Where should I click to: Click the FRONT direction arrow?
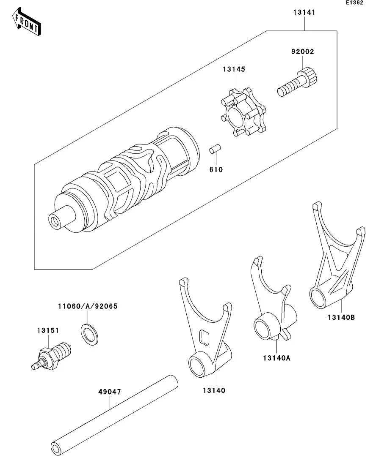click(x=26, y=22)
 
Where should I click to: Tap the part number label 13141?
click(x=304, y=12)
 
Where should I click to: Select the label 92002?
click(x=303, y=52)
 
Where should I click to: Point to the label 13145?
click(x=234, y=69)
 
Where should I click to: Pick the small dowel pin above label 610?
click(x=215, y=149)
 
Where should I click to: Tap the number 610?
click(x=216, y=169)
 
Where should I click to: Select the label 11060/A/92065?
click(x=88, y=306)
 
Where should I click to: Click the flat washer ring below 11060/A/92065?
click(x=90, y=335)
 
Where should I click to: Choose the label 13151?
click(x=48, y=330)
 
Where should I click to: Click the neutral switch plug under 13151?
click(x=52, y=356)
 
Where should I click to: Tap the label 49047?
click(x=110, y=392)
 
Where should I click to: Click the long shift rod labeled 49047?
click(x=114, y=415)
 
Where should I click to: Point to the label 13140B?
click(x=341, y=317)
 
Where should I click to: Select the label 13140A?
click(x=276, y=358)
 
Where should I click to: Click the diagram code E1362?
click(x=354, y=3)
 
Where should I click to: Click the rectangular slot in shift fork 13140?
click(x=205, y=337)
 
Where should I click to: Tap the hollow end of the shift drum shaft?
click(x=55, y=222)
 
